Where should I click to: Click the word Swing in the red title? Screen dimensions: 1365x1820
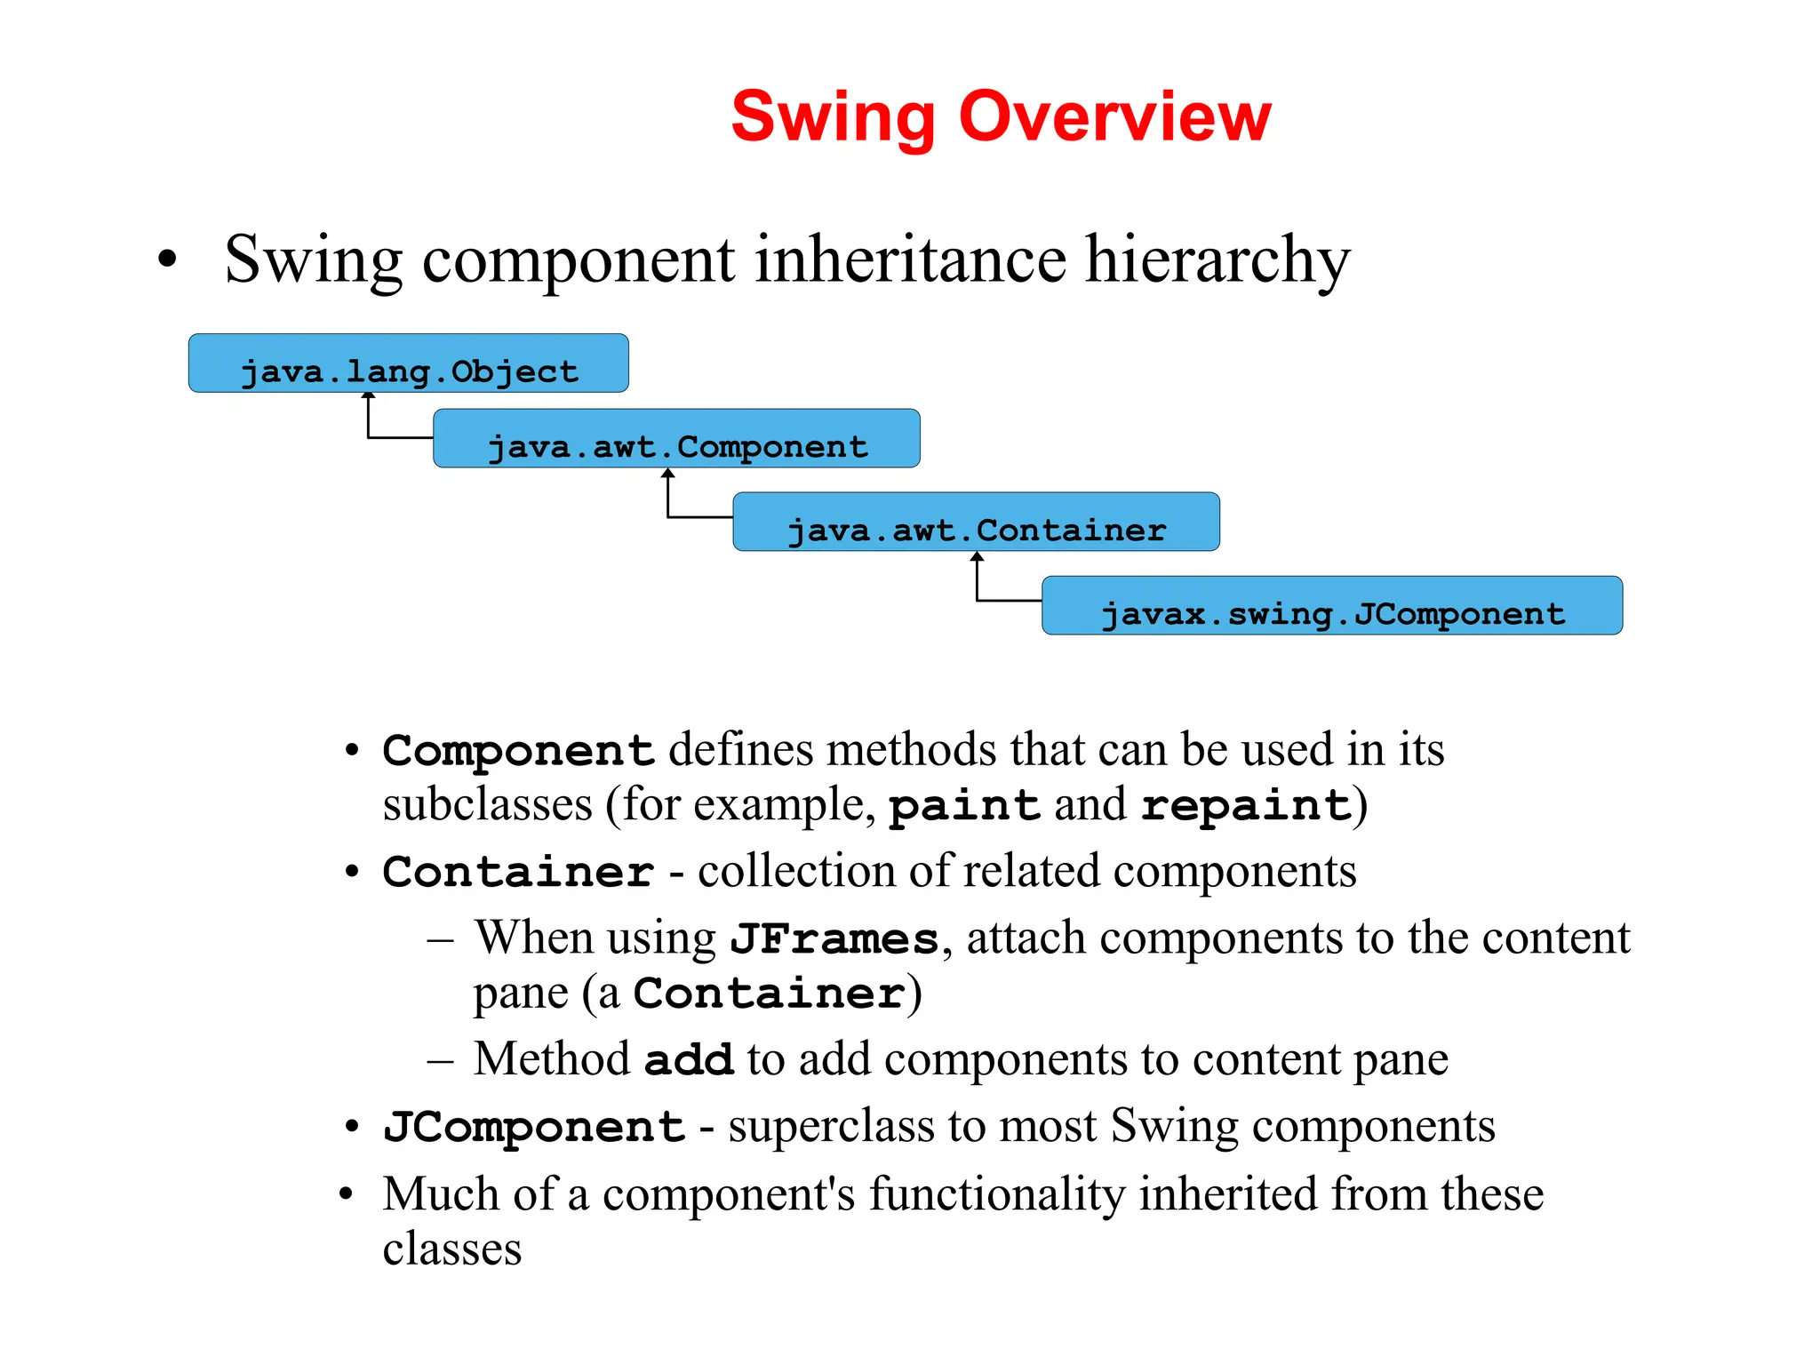point(832,117)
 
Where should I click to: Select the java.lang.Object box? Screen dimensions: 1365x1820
point(408,364)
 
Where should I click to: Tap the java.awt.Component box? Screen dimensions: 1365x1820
point(676,439)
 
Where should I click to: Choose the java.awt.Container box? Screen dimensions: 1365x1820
point(976,523)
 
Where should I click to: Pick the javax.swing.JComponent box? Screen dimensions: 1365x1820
point(1331,606)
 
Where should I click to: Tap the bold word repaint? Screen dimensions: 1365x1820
point(1246,805)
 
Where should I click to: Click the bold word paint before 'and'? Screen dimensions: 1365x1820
point(964,805)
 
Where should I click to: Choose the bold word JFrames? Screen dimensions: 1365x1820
point(834,938)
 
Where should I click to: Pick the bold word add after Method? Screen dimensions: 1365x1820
point(688,1059)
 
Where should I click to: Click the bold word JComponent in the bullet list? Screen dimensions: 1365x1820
point(534,1127)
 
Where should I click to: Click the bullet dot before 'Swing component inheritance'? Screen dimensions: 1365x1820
point(167,260)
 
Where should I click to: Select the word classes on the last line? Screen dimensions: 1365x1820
point(451,1249)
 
